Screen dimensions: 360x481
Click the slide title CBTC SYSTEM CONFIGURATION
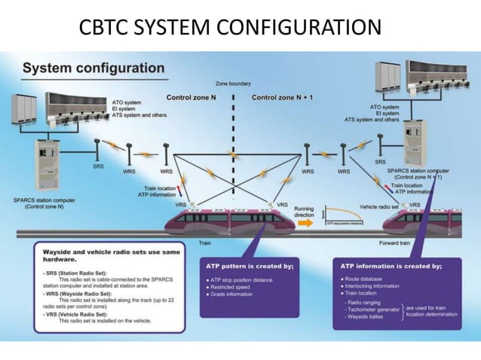[230, 28]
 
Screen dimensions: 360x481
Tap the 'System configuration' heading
[93, 69]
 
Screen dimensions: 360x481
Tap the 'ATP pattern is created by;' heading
[249, 266]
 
